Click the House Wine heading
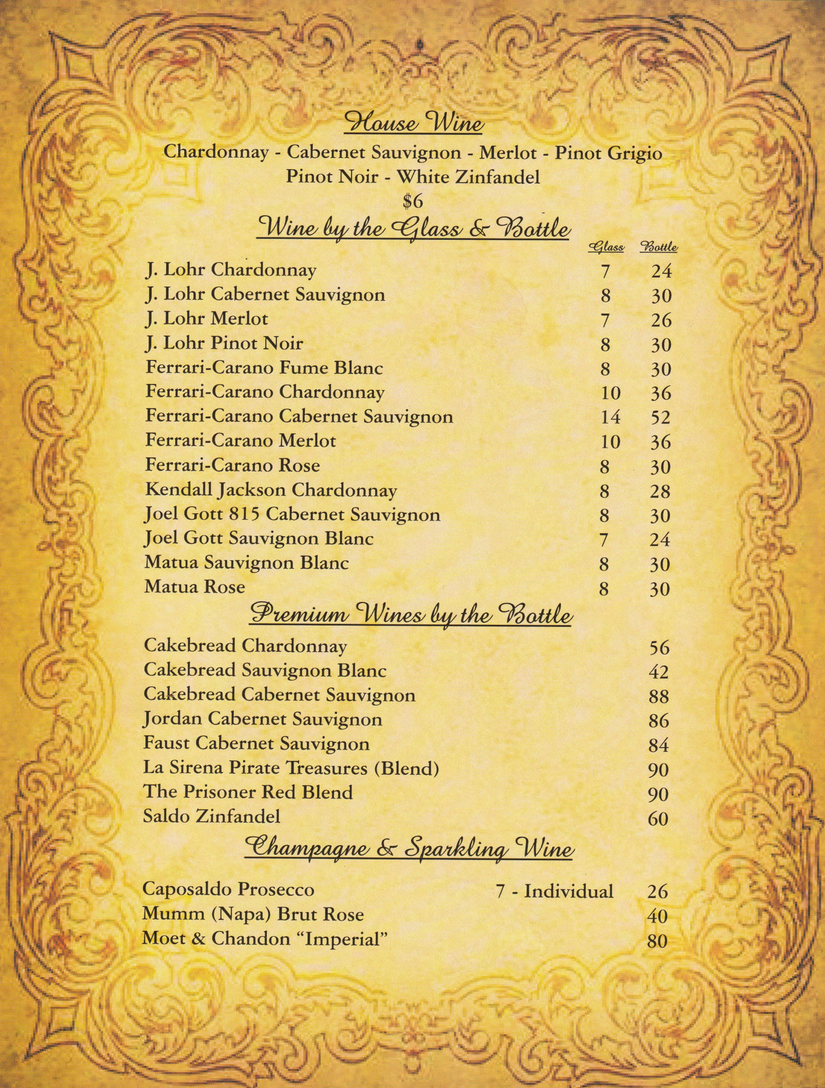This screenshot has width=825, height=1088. pyautogui.click(x=413, y=123)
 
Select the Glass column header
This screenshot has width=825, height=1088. pyautogui.click(x=606, y=247)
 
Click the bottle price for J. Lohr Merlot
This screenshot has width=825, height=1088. pyautogui.click(x=661, y=320)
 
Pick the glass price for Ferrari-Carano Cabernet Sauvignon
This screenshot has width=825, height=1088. pyautogui.click(x=611, y=418)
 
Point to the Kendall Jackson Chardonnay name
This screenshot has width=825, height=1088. pyautogui.click(x=271, y=490)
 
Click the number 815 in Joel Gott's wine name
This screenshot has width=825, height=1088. pyautogui.click(x=245, y=514)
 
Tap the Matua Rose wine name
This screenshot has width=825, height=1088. pyautogui.click(x=194, y=587)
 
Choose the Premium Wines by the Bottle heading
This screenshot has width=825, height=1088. pyautogui.click(x=411, y=615)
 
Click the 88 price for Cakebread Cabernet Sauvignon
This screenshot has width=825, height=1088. pyautogui.click(x=658, y=696)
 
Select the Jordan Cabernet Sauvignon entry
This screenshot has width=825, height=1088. pyautogui.click(x=262, y=719)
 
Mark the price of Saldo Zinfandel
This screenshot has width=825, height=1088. pyautogui.click(x=658, y=819)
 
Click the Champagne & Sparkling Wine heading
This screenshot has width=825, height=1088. pyautogui.click(x=408, y=848)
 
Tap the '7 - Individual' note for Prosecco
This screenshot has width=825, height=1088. pyautogui.click(x=554, y=891)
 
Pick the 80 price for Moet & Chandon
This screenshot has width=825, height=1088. pyautogui.click(x=657, y=941)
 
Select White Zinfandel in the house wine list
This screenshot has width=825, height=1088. pyautogui.click(x=467, y=177)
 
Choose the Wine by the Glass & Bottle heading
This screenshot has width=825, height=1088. pyautogui.click(x=413, y=229)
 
